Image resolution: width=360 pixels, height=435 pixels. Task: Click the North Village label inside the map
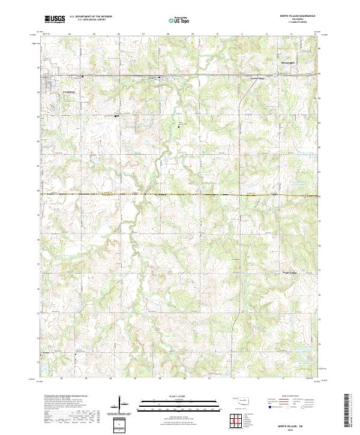pyautogui.click(x=257, y=79)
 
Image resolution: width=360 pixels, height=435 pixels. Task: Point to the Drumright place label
pyautogui.click(x=289, y=62)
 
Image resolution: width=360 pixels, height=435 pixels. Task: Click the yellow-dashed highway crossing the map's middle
pyautogui.click(x=180, y=194)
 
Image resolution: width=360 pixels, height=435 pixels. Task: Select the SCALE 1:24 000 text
pyautogui.click(x=179, y=397)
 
